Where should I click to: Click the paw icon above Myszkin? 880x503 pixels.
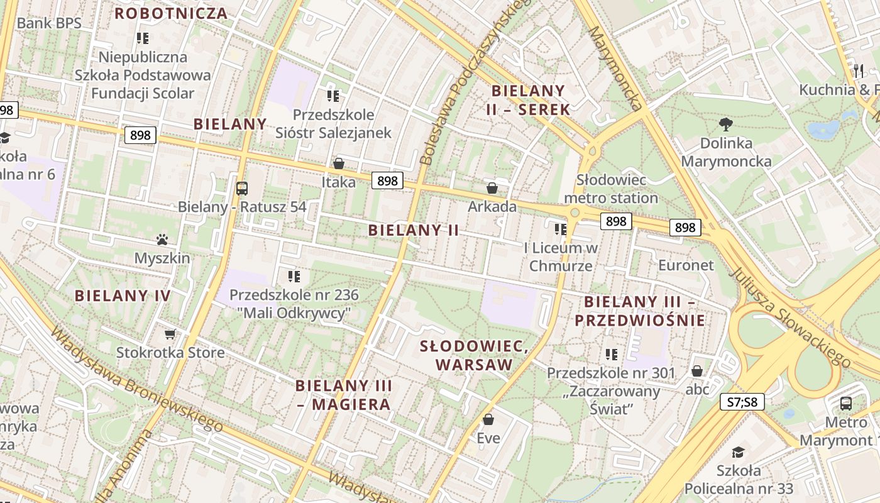pyautogui.click(x=162, y=240)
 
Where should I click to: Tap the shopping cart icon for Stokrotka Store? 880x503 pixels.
pyautogui.click(x=170, y=334)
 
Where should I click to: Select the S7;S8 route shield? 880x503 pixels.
pyautogui.click(x=742, y=401)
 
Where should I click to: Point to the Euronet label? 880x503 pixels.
pyautogui.click(x=686, y=265)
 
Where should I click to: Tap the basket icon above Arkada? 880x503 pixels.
pyautogui.click(x=492, y=188)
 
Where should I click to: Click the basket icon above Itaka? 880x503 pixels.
pyautogui.click(x=339, y=164)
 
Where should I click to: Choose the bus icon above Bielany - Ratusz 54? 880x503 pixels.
pyautogui.click(x=241, y=188)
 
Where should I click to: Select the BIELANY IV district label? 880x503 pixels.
pyautogui.click(x=123, y=296)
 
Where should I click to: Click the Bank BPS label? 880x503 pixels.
pyautogui.click(x=49, y=23)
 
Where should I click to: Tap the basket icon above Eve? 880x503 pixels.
pyautogui.click(x=488, y=419)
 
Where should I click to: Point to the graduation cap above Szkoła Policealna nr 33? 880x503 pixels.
pyautogui.click(x=739, y=452)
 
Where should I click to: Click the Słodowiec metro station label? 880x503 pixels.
pyautogui.click(x=611, y=189)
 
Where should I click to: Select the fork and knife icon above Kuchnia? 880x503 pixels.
pyautogui.click(x=859, y=70)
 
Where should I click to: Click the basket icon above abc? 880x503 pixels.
pyautogui.click(x=697, y=371)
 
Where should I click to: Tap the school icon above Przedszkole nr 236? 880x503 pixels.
pyautogui.click(x=294, y=276)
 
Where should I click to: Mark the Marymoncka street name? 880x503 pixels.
pyautogui.click(x=617, y=68)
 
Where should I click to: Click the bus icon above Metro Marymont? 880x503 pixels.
pyautogui.click(x=846, y=403)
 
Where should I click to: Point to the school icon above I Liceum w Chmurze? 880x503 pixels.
pyautogui.click(x=561, y=229)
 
